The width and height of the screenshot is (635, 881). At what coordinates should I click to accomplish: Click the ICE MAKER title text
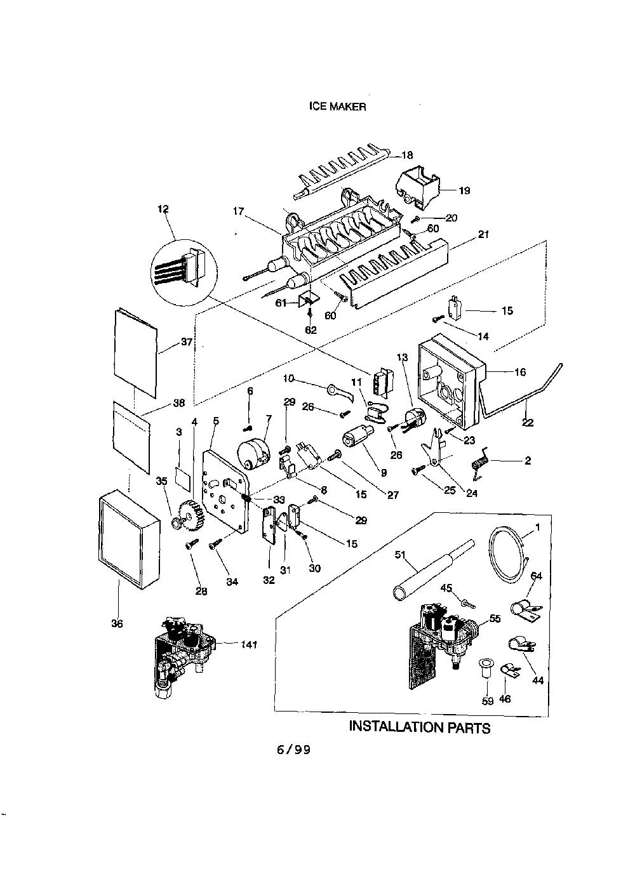pyautogui.click(x=337, y=107)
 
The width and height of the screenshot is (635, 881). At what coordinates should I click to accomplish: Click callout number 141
pyautogui.click(x=249, y=644)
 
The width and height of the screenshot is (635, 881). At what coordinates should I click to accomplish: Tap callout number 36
pyautogui.click(x=117, y=623)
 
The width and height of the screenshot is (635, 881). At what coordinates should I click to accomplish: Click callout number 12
pyautogui.click(x=163, y=209)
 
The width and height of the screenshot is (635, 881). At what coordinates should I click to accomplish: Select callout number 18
pyautogui.click(x=407, y=156)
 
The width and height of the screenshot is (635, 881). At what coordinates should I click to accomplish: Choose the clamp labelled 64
pyautogui.click(x=526, y=610)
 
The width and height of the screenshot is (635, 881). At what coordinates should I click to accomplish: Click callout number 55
pyautogui.click(x=495, y=618)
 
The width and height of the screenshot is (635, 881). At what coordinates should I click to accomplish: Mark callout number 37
pyautogui.click(x=187, y=341)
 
